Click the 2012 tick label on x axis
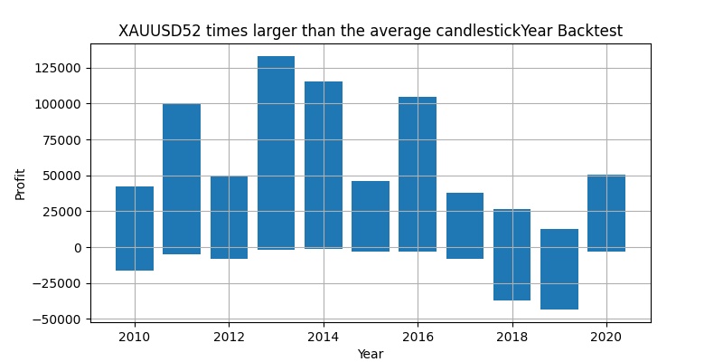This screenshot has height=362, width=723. point(229,336)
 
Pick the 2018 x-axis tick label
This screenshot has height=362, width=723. point(512,336)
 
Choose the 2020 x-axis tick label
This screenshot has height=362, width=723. point(606,336)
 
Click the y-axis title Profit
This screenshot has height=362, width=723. point(20,183)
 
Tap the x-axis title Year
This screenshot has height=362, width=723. point(371,354)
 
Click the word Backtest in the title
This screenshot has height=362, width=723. point(589,32)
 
